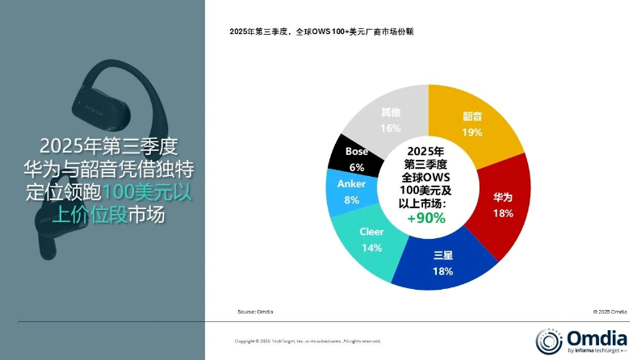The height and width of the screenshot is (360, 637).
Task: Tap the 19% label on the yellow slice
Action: (x=473, y=132)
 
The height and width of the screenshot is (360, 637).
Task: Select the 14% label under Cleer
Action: (x=371, y=248)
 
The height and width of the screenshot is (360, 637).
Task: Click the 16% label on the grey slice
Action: (x=391, y=128)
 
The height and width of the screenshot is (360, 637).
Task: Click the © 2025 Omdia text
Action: (x=610, y=311)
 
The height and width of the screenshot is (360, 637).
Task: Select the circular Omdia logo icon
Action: (x=547, y=340)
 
